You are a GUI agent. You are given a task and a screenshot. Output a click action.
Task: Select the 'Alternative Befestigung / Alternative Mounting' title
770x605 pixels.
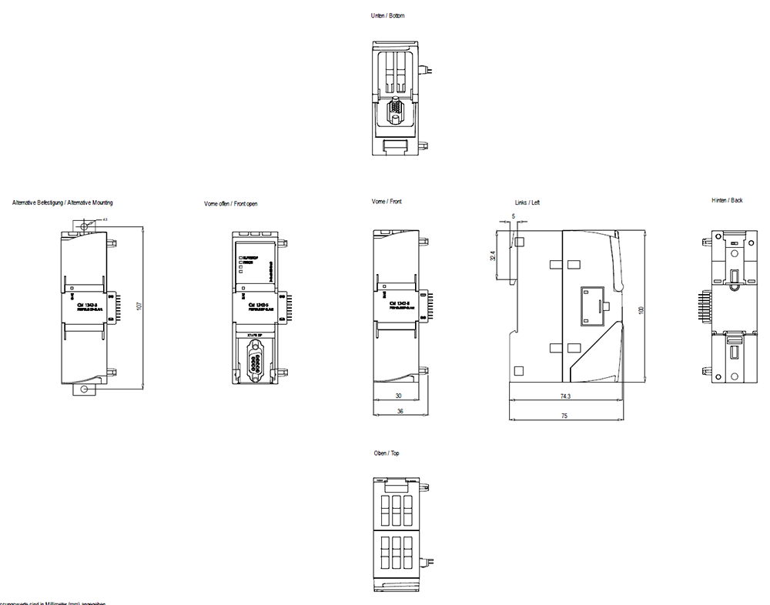tap(62, 202)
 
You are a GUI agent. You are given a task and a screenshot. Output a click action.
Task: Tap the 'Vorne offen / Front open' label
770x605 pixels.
tap(230, 204)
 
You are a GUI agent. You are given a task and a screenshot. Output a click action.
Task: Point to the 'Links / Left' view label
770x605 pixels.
tap(527, 202)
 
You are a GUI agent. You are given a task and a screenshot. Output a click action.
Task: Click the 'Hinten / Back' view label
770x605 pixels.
tap(727, 200)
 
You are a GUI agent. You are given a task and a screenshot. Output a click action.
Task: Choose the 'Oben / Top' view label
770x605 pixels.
tap(387, 453)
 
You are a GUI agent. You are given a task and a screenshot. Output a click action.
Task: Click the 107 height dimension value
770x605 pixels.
tap(139, 306)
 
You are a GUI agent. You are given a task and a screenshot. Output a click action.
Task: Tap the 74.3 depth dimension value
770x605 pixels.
tap(566, 396)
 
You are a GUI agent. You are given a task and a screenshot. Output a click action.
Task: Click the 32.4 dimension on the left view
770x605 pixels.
tap(493, 256)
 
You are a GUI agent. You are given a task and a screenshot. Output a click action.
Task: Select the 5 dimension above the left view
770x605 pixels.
tap(514, 216)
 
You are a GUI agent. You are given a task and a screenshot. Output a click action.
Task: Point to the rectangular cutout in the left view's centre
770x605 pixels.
tap(591, 304)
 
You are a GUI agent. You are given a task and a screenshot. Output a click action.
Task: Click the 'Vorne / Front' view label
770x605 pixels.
tap(387, 202)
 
